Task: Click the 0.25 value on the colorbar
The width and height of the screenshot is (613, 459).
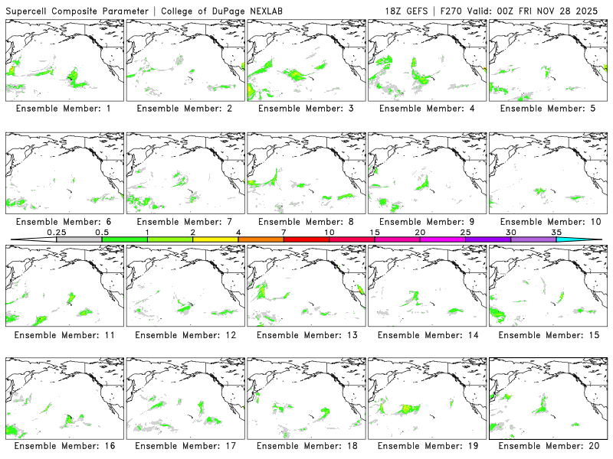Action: [56, 232]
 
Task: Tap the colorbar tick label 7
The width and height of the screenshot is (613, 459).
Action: [284, 232]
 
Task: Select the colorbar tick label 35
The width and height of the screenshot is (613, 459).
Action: [556, 232]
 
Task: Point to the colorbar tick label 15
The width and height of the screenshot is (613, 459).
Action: [375, 232]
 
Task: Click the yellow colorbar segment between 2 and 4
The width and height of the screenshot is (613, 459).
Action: [215, 239]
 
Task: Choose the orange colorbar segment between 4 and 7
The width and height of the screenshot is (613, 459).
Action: [261, 239]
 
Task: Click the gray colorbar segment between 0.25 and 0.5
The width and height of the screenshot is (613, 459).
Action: [79, 239]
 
